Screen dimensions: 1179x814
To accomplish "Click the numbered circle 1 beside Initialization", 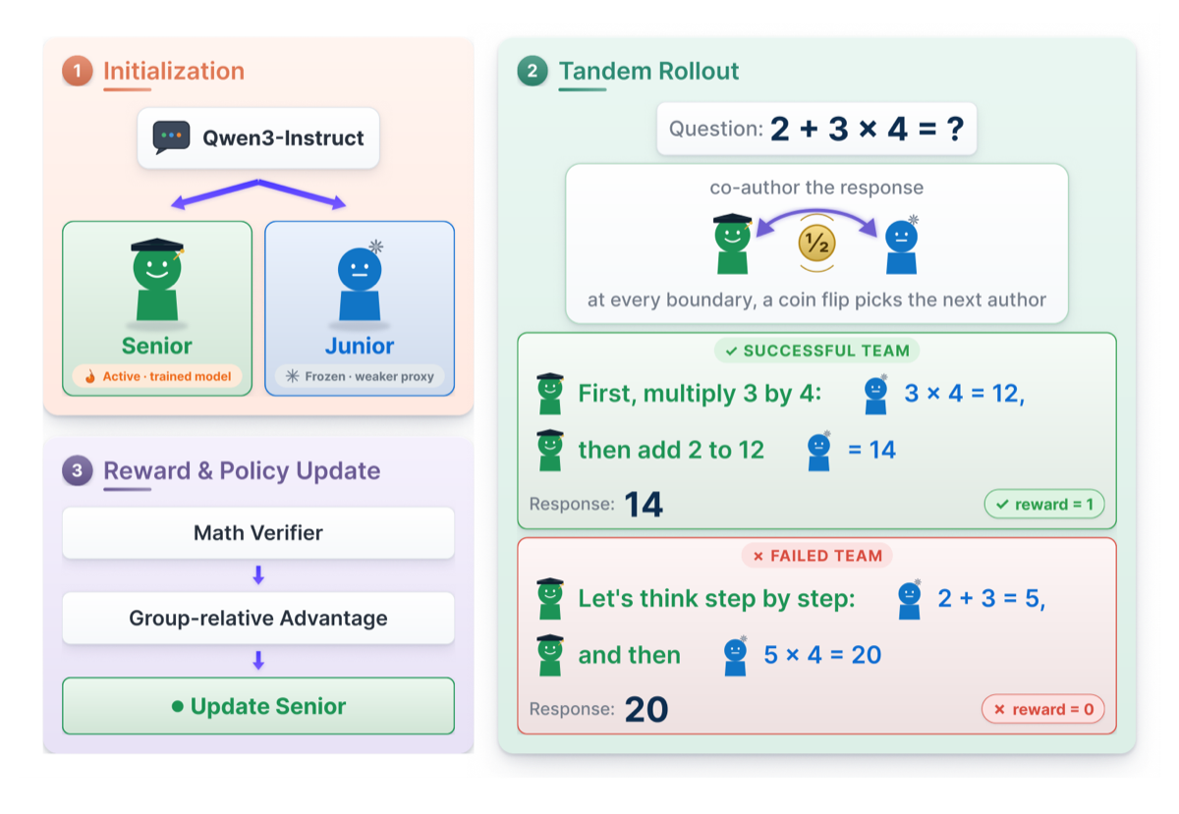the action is pyautogui.click(x=78, y=71).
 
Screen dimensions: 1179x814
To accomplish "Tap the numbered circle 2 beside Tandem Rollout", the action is pyautogui.click(x=533, y=71).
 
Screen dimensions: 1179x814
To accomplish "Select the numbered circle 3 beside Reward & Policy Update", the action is pyautogui.click(x=78, y=470).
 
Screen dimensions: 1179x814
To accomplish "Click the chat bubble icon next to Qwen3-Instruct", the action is pyautogui.click(x=171, y=137).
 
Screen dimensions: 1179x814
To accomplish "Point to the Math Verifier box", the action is pyautogui.click(x=257, y=532).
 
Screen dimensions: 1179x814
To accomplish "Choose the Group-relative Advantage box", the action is pyautogui.click(x=257, y=618).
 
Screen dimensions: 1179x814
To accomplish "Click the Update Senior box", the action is pyautogui.click(x=257, y=706).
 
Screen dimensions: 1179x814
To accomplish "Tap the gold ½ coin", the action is pyautogui.click(x=816, y=244).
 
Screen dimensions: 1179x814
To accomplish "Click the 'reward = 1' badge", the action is pyautogui.click(x=1044, y=504).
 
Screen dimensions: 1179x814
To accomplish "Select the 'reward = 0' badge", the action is pyautogui.click(x=1043, y=709).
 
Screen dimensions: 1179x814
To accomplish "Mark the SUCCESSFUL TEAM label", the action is pyautogui.click(x=816, y=351).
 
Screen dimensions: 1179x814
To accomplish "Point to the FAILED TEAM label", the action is pyautogui.click(x=816, y=555).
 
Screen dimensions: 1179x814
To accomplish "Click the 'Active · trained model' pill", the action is pyautogui.click(x=157, y=376).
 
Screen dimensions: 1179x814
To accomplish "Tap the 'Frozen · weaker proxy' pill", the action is pyautogui.click(x=360, y=376).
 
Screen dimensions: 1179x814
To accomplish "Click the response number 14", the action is pyautogui.click(x=644, y=504).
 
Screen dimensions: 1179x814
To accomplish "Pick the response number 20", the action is pyautogui.click(x=646, y=709).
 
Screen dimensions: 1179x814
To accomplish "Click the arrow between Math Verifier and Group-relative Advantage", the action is pyautogui.click(x=257, y=575).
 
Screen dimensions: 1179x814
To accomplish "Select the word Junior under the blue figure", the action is pyautogui.click(x=360, y=346).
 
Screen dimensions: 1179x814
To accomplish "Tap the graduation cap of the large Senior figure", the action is pyautogui.click(x=157, y=245).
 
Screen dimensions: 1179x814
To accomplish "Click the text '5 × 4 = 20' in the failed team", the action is pyautogui.click(x=822, y=655).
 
